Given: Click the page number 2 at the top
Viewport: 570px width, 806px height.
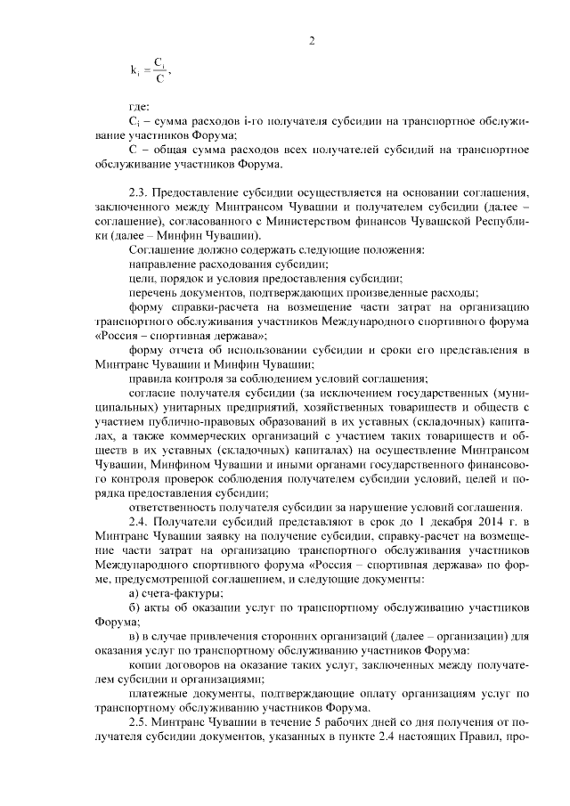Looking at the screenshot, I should pos(312,39).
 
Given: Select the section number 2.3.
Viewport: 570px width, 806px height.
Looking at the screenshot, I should pos(139,192).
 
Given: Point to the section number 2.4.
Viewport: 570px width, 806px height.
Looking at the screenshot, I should pos(140,520).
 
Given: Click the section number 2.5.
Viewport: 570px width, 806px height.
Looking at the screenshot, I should pos(140,721).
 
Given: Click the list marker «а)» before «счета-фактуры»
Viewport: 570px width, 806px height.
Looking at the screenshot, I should pos(134,591).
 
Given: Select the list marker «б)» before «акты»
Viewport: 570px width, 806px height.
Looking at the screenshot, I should pos(134,607).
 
